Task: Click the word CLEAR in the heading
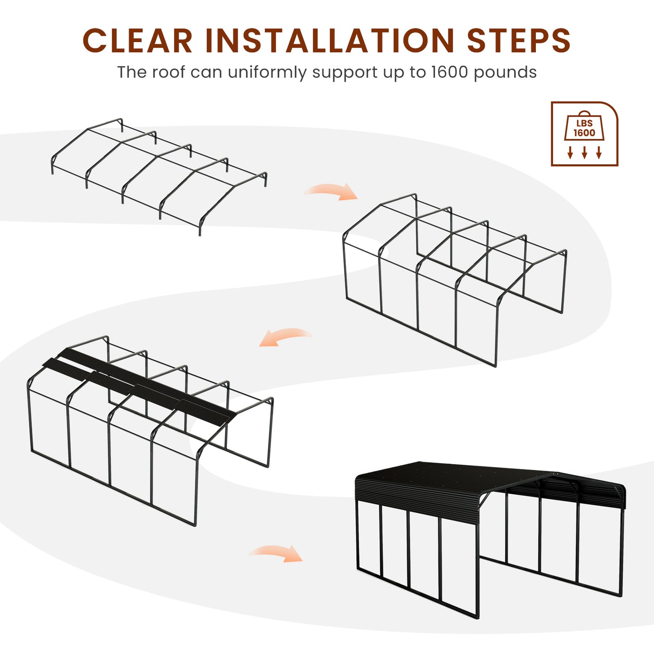click(x=138, y=40)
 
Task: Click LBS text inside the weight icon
click(x=584, y=123)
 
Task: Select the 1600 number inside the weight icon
click(x=584, y=133)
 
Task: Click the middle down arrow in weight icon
click(x=584, y=153)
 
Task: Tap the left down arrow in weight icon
click(x=570, y=153)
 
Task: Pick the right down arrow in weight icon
click(x=598, y=153)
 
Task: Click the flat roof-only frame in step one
click(x=159, y=177)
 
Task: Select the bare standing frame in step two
click(x=455, y=280)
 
